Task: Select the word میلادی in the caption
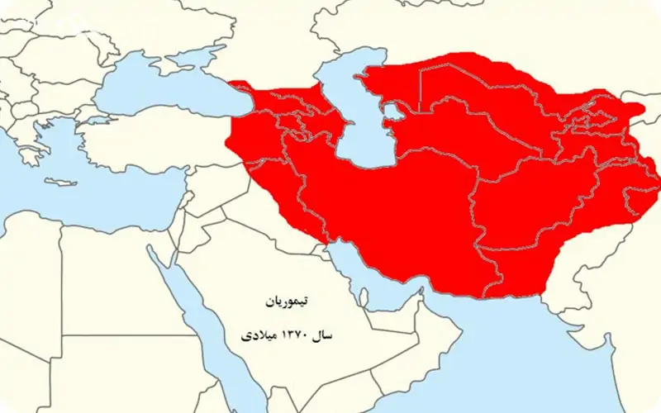tap(255, 338)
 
